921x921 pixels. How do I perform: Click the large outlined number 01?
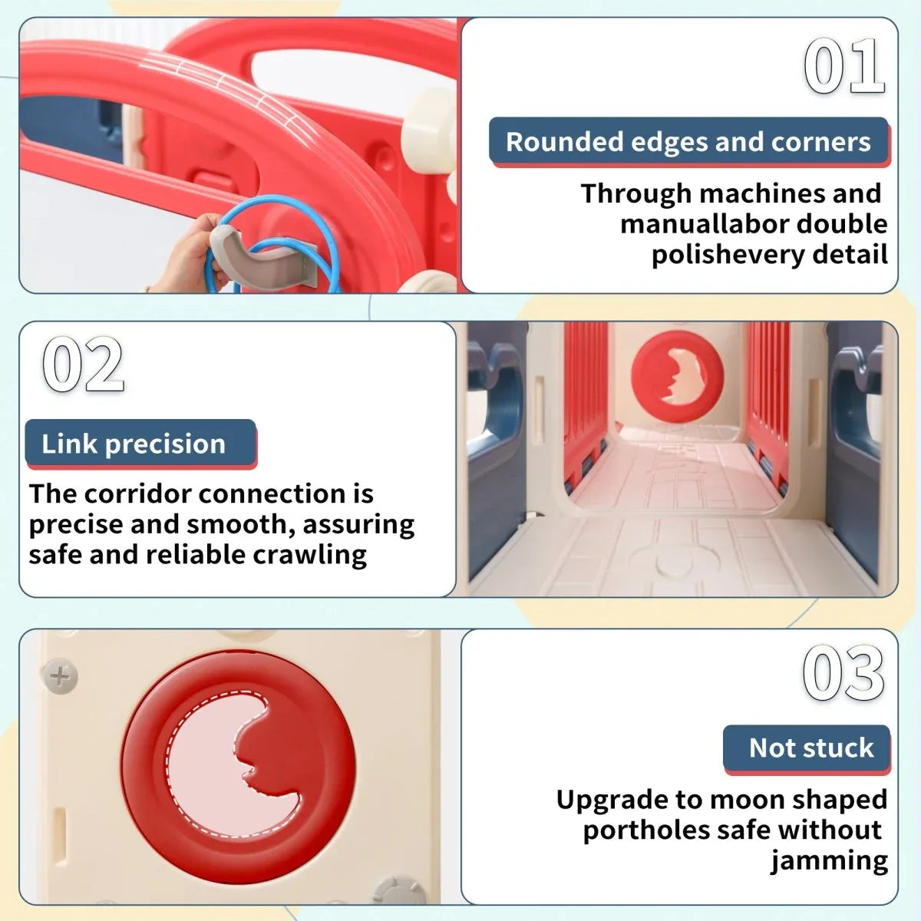[x=844, y=66]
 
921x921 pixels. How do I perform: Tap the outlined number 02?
[x=83, y=365]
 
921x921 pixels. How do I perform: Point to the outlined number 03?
[x=843, y=672]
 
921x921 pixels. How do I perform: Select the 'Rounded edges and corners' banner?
[x=688, y=142]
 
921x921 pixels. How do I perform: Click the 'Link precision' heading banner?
[x=140, y=444]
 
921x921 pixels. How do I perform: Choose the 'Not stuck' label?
[x=807, y=748]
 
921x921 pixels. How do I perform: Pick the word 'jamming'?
[x=829, y=862]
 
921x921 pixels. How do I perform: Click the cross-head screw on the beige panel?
[x=60, y=677]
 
